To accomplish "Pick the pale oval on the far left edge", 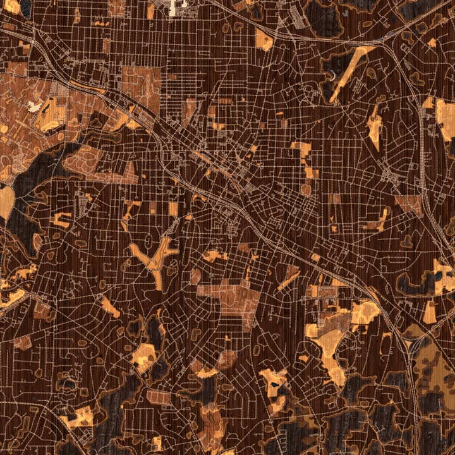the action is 6,202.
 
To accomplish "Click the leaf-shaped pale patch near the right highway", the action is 374,126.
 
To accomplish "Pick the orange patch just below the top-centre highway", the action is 264,41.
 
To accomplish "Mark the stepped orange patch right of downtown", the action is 304,159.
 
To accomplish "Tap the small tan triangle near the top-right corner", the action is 432,43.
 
